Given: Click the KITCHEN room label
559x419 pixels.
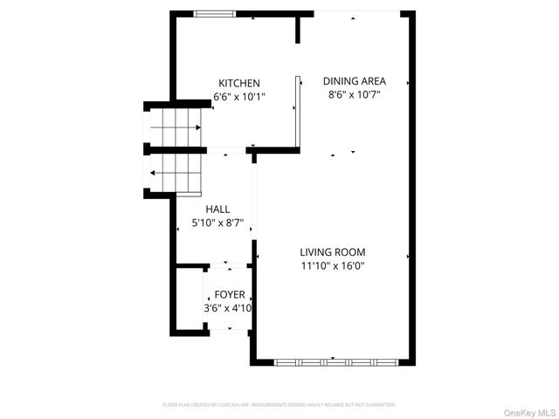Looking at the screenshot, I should point(239,83).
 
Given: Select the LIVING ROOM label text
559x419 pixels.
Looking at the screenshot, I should point(332,252).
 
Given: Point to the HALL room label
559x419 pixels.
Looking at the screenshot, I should point(217,209).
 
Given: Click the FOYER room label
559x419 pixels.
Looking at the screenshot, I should point(230,295).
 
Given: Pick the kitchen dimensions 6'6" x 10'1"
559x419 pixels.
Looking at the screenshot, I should point(239,97).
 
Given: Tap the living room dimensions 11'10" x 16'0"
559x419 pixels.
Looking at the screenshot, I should point(332,266).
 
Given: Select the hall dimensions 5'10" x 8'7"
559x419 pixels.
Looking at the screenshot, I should point(217,223).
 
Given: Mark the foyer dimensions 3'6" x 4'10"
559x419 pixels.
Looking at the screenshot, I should point(228,308).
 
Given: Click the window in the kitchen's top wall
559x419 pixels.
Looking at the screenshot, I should point(214,13).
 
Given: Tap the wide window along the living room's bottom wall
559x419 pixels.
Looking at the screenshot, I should point(336,361).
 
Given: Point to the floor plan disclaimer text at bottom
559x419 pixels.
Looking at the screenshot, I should point(279,405).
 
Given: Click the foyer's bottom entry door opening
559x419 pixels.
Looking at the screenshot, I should point(230,328).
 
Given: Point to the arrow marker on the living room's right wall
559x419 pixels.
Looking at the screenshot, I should point(408,257).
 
